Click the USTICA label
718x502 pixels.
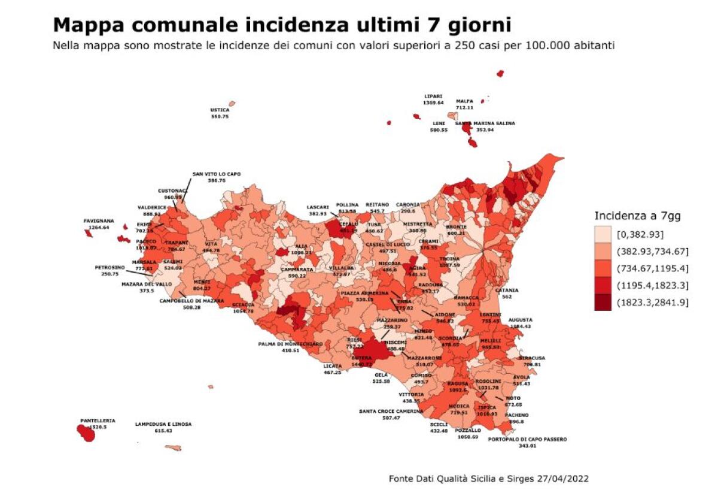click(x=220, y=110)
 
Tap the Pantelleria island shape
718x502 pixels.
click(x=87, y=433)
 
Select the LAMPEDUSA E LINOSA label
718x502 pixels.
click(x=163, y=424)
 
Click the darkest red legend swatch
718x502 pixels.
click(x=603, y=303)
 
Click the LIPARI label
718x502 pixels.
click(x=433, y=96)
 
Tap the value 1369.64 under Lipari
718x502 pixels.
click(x=433, y=102)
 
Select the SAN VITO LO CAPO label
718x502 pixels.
click(x=216, y=174)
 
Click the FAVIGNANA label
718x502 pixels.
click(x=99, y=220)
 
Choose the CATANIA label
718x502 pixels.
click(x=507, y=290)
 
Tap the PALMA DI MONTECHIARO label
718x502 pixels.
click(x=290, y=344)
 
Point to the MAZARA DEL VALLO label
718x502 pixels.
click(x=147, y=284)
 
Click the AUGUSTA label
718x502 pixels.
click(x=520, y=319)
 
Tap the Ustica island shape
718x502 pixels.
click(x=232, y=104)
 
